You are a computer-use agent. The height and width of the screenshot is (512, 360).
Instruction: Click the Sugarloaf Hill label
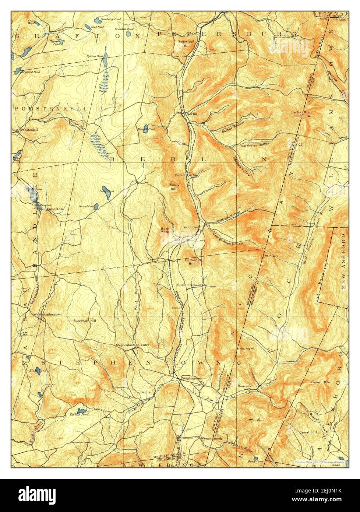click(183, 43)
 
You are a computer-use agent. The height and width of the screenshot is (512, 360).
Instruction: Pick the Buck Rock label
click(165, 230)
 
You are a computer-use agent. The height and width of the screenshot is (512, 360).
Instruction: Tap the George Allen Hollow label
click(228, 239)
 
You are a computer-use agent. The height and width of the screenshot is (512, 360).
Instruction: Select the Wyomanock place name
click(211, 439)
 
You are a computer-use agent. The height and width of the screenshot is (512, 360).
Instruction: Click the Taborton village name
click(55, 209)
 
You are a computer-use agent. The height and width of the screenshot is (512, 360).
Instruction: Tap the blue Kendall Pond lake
click(146, 128)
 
